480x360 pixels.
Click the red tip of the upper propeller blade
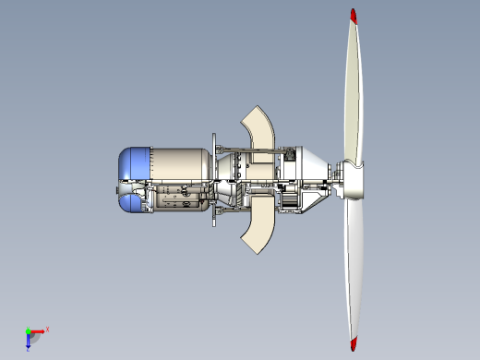(x=353, y=16)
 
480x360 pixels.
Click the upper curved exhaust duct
(x=259, y=128)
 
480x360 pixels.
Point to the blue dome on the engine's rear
(x=133, y=165)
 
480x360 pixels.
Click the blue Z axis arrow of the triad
(x=29, y=339)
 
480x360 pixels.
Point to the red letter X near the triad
(x=47, y=329)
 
